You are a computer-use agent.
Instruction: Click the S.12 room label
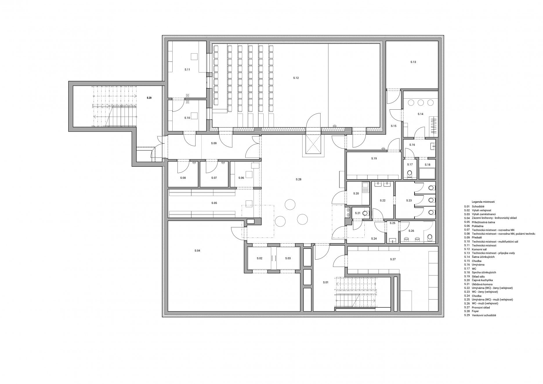[296, 78]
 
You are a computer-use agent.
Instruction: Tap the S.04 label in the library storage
[197, 251]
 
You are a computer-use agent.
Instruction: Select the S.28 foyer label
[298, 180]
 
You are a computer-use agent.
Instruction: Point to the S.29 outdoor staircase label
[149, 98]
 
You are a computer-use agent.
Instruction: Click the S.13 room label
[413, 62]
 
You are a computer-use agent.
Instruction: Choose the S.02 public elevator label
[259, 258]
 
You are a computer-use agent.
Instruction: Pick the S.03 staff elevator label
[288, 258]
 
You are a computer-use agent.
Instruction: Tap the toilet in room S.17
[410, 174]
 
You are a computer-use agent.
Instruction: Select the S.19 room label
[374, 159]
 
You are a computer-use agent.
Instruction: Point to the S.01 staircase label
[326, 282]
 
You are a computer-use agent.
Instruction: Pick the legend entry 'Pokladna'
[477, 226]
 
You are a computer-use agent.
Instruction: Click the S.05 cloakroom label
[214, 203]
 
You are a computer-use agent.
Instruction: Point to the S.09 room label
[213, 143]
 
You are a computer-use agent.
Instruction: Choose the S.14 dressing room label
[420, 114]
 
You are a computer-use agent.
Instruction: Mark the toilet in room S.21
[366, 213]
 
